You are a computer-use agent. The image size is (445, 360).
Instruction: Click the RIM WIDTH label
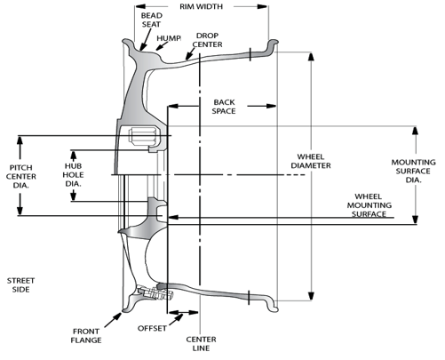(201, 6)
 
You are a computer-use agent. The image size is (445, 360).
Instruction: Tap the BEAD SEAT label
(151, 20)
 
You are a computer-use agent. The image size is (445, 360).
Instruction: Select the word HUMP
(169, 38)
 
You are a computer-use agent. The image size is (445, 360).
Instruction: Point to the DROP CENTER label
(207, 40)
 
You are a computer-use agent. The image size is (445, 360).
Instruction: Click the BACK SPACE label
(224, 107)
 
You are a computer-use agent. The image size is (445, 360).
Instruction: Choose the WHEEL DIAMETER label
(311, 161)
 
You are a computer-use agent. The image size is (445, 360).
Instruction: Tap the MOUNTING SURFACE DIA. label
(413, 171)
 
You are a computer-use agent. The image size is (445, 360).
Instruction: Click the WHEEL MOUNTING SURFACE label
(369, 205)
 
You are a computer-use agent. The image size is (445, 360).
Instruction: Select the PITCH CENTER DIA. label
(21, 176)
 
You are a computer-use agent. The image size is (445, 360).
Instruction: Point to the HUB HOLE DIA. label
(73, 175)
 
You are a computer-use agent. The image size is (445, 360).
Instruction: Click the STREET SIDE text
(20, 284)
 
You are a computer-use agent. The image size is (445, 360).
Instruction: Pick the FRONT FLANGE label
(86, 335)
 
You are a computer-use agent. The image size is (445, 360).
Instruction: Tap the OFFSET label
(152, 328)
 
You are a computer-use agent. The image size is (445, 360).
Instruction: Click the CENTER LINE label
(201, 343)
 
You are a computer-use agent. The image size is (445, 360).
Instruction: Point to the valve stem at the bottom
(155, 293)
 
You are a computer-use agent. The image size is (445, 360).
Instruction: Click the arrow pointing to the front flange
(113, 320)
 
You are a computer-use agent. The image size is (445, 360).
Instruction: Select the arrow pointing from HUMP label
(162, 45)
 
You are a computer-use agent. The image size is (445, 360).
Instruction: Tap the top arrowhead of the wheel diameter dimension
(311, 56)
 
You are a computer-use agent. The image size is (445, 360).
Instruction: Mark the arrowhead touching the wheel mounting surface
(173, 217)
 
